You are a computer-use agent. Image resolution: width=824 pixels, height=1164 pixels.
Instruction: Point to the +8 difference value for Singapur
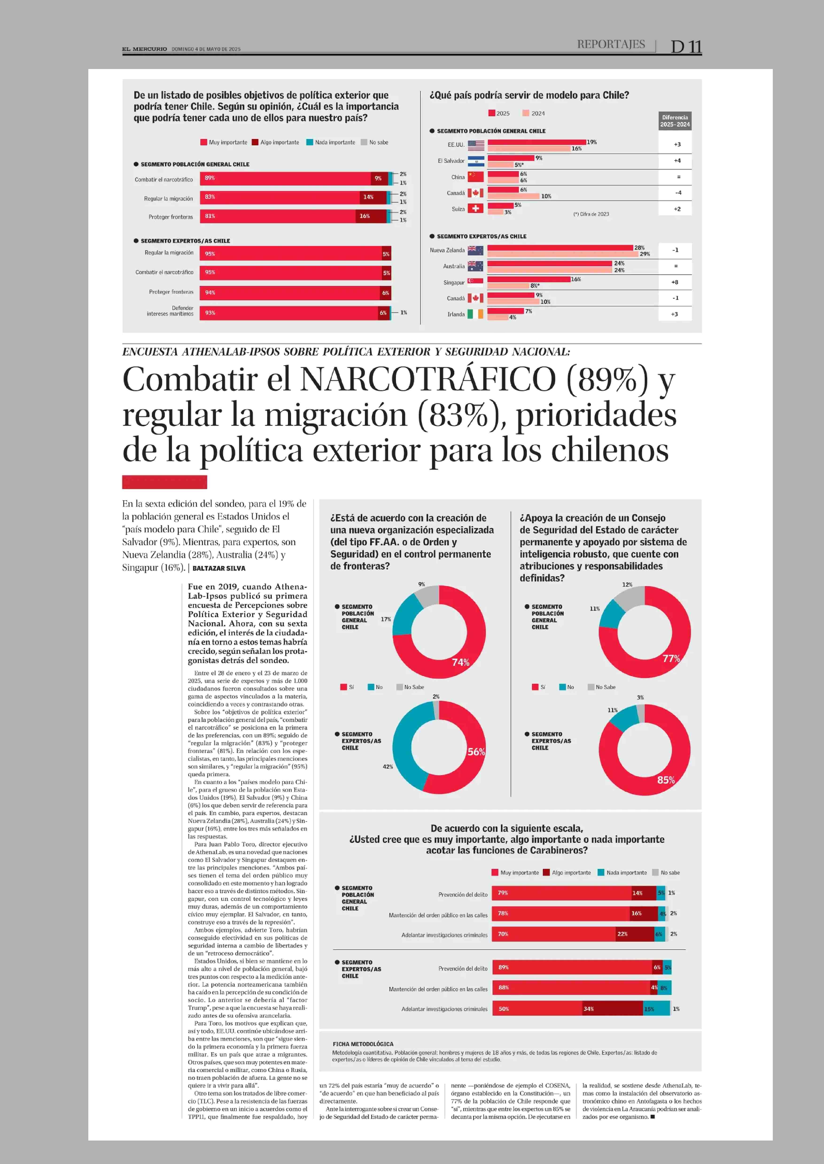coord(674,282)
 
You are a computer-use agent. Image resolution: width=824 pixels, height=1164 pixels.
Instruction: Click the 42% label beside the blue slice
coord(388,766)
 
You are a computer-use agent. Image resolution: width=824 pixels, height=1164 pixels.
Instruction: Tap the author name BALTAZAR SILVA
coord(219,568)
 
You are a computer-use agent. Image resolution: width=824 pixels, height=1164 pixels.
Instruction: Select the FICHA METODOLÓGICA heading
coord(363,1044)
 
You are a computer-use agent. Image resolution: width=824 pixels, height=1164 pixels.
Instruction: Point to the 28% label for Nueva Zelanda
coord(639,247)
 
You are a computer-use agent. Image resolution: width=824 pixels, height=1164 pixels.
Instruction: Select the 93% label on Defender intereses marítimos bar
coord(210,313)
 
